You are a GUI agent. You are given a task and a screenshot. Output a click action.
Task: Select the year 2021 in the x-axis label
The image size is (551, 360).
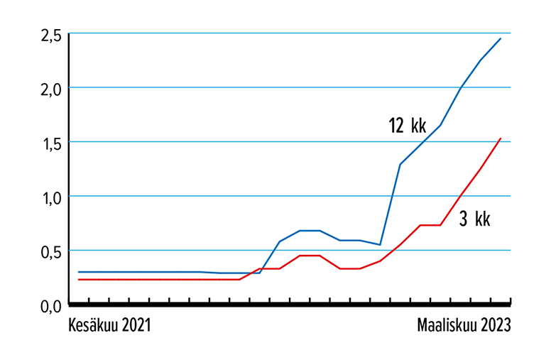136,326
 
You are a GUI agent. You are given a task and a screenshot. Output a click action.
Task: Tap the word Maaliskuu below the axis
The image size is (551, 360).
445,326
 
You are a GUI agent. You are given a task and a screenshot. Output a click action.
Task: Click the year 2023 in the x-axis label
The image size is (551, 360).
494,326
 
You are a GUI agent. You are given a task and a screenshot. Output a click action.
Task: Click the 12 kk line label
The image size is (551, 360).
407,126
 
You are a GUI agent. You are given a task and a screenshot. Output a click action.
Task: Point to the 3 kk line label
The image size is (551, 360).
474,219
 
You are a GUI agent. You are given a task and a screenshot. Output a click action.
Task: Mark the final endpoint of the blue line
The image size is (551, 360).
501,38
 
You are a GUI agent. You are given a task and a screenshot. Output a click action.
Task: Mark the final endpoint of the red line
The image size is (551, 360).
501,138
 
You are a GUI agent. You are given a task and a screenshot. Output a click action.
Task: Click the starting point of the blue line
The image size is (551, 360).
78,272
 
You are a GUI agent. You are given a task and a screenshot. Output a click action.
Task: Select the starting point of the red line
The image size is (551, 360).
78,280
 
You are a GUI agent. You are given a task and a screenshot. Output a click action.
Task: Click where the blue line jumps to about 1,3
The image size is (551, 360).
400,164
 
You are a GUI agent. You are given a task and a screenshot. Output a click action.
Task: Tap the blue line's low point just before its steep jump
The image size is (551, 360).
381,244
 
